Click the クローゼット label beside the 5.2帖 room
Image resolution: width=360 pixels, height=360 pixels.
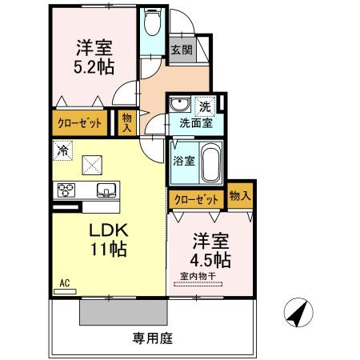coord(78,123)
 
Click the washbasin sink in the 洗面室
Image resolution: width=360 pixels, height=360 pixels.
coord(179,105)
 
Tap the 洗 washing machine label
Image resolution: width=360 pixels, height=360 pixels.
coord(206,106)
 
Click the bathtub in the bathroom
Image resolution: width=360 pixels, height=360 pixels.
coord(210,162)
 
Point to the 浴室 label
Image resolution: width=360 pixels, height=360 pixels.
coord(183,161)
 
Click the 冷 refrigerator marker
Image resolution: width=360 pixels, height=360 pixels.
coord(62,150)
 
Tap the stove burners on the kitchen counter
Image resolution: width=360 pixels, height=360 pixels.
coord(65,190)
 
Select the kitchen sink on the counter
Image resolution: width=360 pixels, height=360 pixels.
coord(106,190)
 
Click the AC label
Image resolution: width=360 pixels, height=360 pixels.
coord(65,282)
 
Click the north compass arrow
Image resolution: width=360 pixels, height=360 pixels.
coord(299,313)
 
